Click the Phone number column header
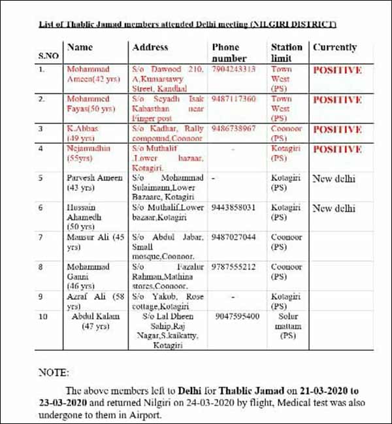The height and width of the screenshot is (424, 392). click(229, 52)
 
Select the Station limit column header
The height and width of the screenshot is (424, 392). click(287, 52)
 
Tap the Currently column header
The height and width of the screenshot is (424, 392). click(335, 47)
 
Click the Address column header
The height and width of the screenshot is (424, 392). click(150, 47)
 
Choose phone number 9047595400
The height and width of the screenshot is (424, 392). click(238, 316)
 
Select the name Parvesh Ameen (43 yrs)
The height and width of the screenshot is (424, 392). click(93, 182)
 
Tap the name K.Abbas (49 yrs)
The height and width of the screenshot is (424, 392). click(83, 133)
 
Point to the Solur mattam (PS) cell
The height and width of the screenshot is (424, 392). click(287, 325)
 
